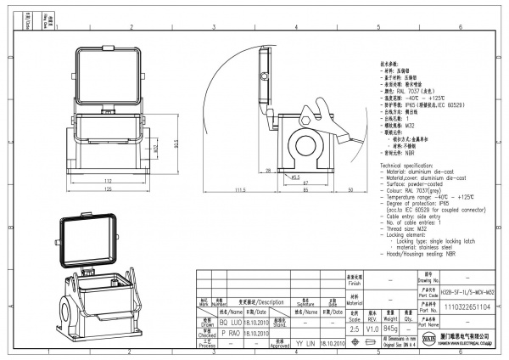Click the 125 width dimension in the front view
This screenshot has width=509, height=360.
click(x=108, y=190)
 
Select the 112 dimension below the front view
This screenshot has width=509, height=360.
click(x=108, y=181)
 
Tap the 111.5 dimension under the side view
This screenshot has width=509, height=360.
click(x=240, y=189)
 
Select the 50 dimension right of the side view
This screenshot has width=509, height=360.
click(x=350, y=189)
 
